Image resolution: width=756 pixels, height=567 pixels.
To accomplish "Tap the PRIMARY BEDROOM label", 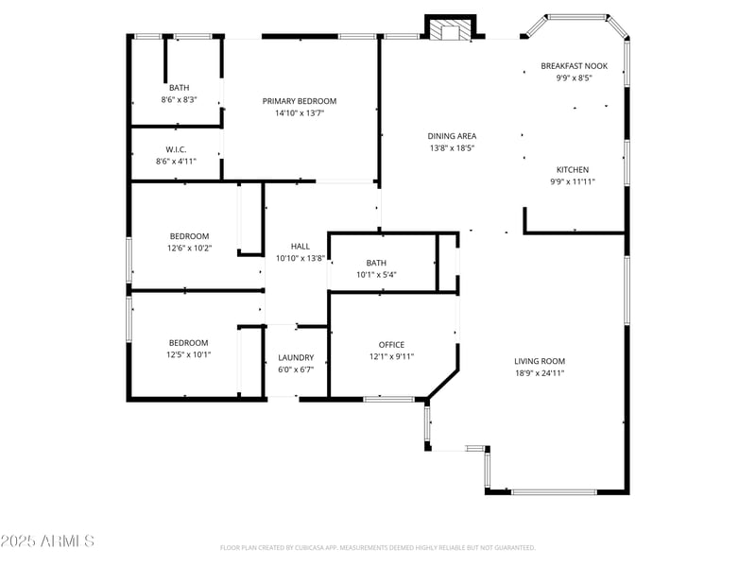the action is [x=300, y=101].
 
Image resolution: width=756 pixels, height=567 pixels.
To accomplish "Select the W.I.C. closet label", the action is [x=176, y=149].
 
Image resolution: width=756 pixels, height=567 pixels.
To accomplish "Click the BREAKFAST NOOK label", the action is [x=574, y=66].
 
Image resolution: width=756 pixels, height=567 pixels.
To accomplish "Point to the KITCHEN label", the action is [x=573, y=170].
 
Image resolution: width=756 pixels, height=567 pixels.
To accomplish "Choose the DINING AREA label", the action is [x=452, y=136].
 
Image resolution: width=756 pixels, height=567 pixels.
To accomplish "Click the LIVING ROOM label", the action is [x=540, y=361].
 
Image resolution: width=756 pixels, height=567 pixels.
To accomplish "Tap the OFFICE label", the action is [x=391, y=345].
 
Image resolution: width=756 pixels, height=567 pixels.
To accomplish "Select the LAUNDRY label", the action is [x=296, y=358].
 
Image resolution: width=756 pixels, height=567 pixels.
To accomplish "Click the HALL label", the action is [x=301, y=247].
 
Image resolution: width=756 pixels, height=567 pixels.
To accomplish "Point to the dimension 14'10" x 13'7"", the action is [x=300, y=113].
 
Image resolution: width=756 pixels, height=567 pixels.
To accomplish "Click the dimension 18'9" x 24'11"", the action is [x=540, y=373].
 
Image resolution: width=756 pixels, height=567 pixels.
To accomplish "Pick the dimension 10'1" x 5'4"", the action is [x=376, y=275].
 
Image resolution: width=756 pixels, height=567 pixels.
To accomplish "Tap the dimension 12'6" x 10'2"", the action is [x=190, y=249].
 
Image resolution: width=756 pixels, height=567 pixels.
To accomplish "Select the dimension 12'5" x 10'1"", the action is [x=188, y=355].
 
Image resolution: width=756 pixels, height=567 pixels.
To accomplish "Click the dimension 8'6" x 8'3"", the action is [x=179, y=100].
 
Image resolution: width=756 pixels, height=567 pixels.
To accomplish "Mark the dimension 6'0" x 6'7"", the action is [x=296, y=369].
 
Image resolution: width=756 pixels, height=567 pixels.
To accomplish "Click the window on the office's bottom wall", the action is [x=388, y=399].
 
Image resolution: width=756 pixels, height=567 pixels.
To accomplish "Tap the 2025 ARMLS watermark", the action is [x=47, y=541].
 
